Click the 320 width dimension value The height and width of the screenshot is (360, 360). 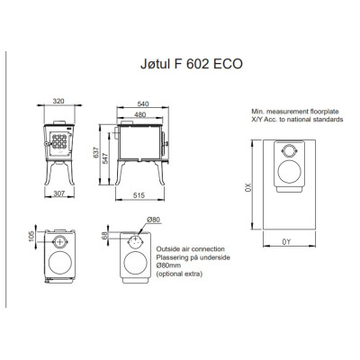[x=58, y=101]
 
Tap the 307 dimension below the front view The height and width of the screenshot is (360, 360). [x=59, y=193]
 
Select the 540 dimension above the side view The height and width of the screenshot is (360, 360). [x=143, y=103]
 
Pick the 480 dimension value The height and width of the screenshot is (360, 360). [x=140, y=114]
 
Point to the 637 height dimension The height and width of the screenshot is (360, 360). [x=96, y=153]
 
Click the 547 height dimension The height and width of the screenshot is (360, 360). [x=105, y=157]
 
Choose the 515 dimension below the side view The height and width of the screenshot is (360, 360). [x=139, y=195]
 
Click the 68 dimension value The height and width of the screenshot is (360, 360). [x=104, y=236]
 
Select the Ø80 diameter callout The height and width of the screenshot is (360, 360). [x=154, y=220]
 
